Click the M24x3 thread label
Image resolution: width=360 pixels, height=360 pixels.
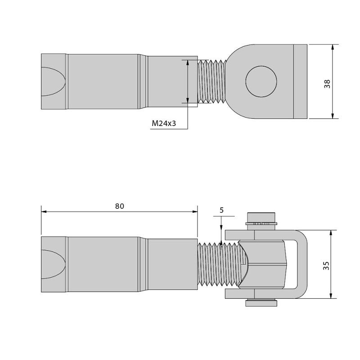click(164, 123)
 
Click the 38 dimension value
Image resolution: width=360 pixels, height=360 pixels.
click(327, 84)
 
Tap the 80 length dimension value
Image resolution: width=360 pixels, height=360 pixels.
click(119, 206)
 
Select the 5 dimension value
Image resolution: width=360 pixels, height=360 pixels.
click(221, 210)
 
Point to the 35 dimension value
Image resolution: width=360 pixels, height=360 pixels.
click(326, 265)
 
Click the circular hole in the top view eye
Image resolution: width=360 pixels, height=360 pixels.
click(261, 81)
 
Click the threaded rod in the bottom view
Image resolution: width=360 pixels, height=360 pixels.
click(218, 265)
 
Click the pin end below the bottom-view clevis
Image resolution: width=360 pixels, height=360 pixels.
click(261, 303)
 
